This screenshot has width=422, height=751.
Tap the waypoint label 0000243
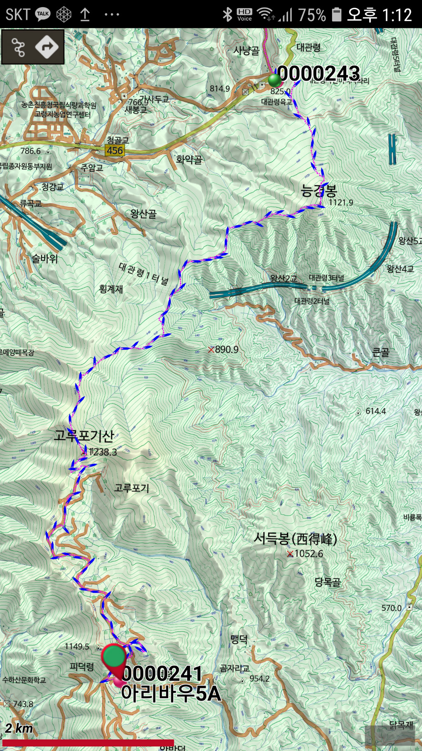tap(319, 74)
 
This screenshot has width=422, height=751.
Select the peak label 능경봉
tap(319, 191)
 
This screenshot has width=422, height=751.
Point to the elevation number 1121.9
tap(341, 203)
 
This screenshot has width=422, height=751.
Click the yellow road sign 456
tap(115, 151)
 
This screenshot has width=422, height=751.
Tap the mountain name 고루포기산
tap(84, 435)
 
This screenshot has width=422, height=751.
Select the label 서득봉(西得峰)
tap(295, 538)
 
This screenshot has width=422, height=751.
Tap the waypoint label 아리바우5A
tap(171, 693)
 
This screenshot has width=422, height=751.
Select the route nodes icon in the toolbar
tap(18, 47)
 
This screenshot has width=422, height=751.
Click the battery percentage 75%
tap(312, 15)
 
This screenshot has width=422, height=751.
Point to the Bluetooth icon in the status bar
tap(227, 15)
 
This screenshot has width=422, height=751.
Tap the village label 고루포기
tap(131, 488)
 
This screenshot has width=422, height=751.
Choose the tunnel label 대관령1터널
tap(144, 274)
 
